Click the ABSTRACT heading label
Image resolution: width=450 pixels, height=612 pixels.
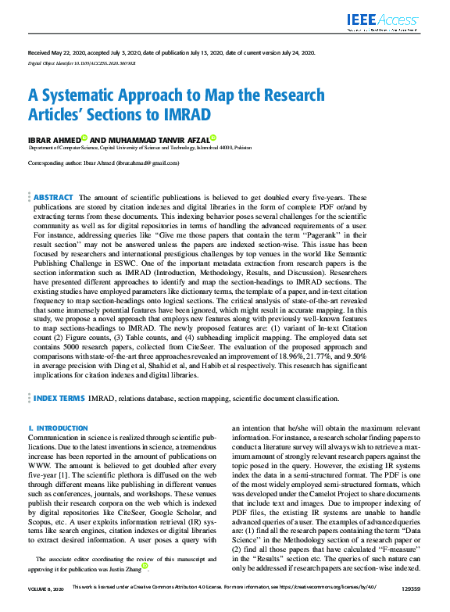(x=54, y=198)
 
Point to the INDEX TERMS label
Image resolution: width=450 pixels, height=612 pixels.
(x=59, y=399)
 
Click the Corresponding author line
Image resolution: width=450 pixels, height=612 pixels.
(x=103, y=163)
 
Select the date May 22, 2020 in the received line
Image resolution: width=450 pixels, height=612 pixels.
(x=69, y=52)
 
